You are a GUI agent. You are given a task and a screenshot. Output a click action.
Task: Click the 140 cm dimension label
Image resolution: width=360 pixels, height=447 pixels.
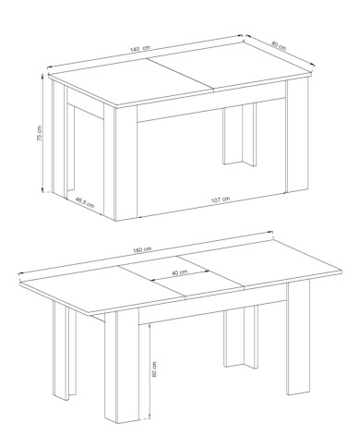140,48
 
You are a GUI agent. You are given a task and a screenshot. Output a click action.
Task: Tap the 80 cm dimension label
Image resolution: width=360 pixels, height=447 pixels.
279,46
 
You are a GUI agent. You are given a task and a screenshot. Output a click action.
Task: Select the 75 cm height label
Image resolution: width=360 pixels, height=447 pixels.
40,133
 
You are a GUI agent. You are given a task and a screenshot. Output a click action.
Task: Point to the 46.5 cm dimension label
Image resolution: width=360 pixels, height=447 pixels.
85,202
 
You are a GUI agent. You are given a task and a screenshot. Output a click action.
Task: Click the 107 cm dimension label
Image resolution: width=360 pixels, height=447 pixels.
221,199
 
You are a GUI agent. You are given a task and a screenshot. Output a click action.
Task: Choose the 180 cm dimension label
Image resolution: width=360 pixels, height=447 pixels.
142,250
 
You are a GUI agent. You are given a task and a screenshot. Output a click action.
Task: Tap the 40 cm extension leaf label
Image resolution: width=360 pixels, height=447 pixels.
179,272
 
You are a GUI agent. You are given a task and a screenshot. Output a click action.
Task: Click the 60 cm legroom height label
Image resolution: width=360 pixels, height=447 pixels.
154,369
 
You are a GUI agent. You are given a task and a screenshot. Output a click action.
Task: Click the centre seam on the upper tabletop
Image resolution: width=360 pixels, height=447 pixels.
180,74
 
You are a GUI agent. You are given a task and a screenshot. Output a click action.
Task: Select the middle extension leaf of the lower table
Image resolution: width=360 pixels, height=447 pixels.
181,277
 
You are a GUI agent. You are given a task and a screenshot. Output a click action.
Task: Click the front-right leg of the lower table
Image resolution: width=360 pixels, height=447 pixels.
298,338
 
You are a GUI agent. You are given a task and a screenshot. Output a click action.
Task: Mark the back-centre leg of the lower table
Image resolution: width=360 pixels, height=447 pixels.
241,337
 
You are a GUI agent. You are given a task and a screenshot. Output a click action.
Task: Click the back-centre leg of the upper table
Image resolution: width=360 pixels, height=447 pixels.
239,135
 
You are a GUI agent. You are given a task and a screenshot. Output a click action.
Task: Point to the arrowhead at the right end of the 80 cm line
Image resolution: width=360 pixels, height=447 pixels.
313,64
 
